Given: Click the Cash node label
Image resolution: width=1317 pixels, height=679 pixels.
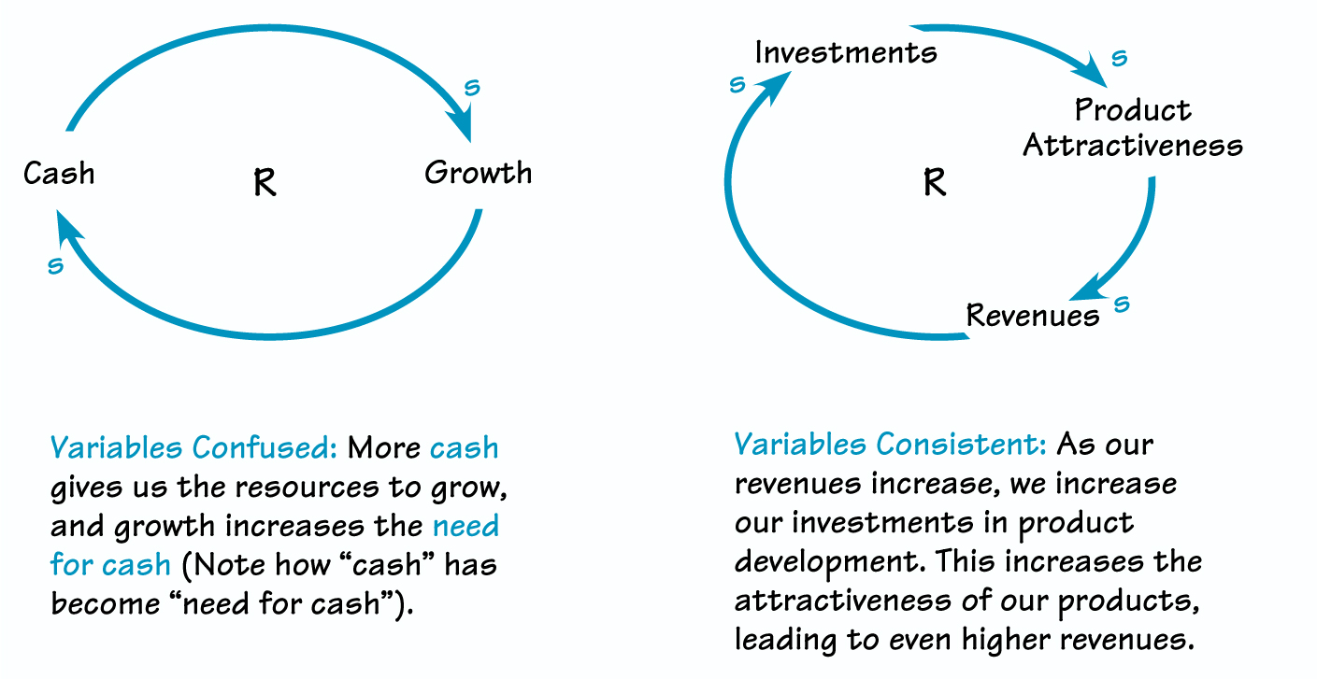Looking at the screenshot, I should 59,174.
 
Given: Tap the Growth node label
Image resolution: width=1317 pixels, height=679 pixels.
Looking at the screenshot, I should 478,174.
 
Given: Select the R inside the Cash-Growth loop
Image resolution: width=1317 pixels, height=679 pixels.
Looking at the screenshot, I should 265,184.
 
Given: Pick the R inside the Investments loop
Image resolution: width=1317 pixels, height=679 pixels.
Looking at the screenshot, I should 935,182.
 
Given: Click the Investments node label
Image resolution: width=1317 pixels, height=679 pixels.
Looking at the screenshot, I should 846,52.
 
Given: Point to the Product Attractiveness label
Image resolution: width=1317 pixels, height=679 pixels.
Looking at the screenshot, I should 1133,128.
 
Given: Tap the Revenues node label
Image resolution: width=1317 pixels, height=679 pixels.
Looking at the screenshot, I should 1033,316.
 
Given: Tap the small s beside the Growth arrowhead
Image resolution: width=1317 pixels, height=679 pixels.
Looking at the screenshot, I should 473,88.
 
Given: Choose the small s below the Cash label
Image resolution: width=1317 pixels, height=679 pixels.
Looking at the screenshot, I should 56,266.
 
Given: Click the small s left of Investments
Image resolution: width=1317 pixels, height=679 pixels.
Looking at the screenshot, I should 737,85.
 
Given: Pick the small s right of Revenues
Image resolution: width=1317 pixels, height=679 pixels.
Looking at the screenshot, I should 1123,304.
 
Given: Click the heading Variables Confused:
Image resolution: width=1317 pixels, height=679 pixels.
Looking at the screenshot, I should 193,448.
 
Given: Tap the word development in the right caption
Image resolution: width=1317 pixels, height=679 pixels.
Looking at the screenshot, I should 822,562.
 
